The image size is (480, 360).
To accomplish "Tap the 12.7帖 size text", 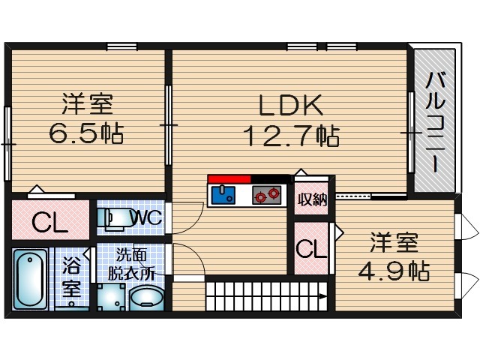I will [x=290, y=136].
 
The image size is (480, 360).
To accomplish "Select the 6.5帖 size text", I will [x=86, y=134].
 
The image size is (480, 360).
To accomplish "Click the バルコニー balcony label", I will [x=433, y=120].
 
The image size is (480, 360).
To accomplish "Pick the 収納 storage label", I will [x=311, y=199].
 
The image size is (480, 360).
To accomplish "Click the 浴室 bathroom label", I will [x=71, y=275].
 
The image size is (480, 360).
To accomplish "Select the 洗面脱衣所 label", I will [x=136, y=265].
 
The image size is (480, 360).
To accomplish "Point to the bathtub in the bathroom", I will [x=31, y=278].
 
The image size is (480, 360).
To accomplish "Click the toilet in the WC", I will [x=114, y=217].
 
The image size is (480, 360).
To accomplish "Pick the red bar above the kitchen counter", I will [x=229, y=178].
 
